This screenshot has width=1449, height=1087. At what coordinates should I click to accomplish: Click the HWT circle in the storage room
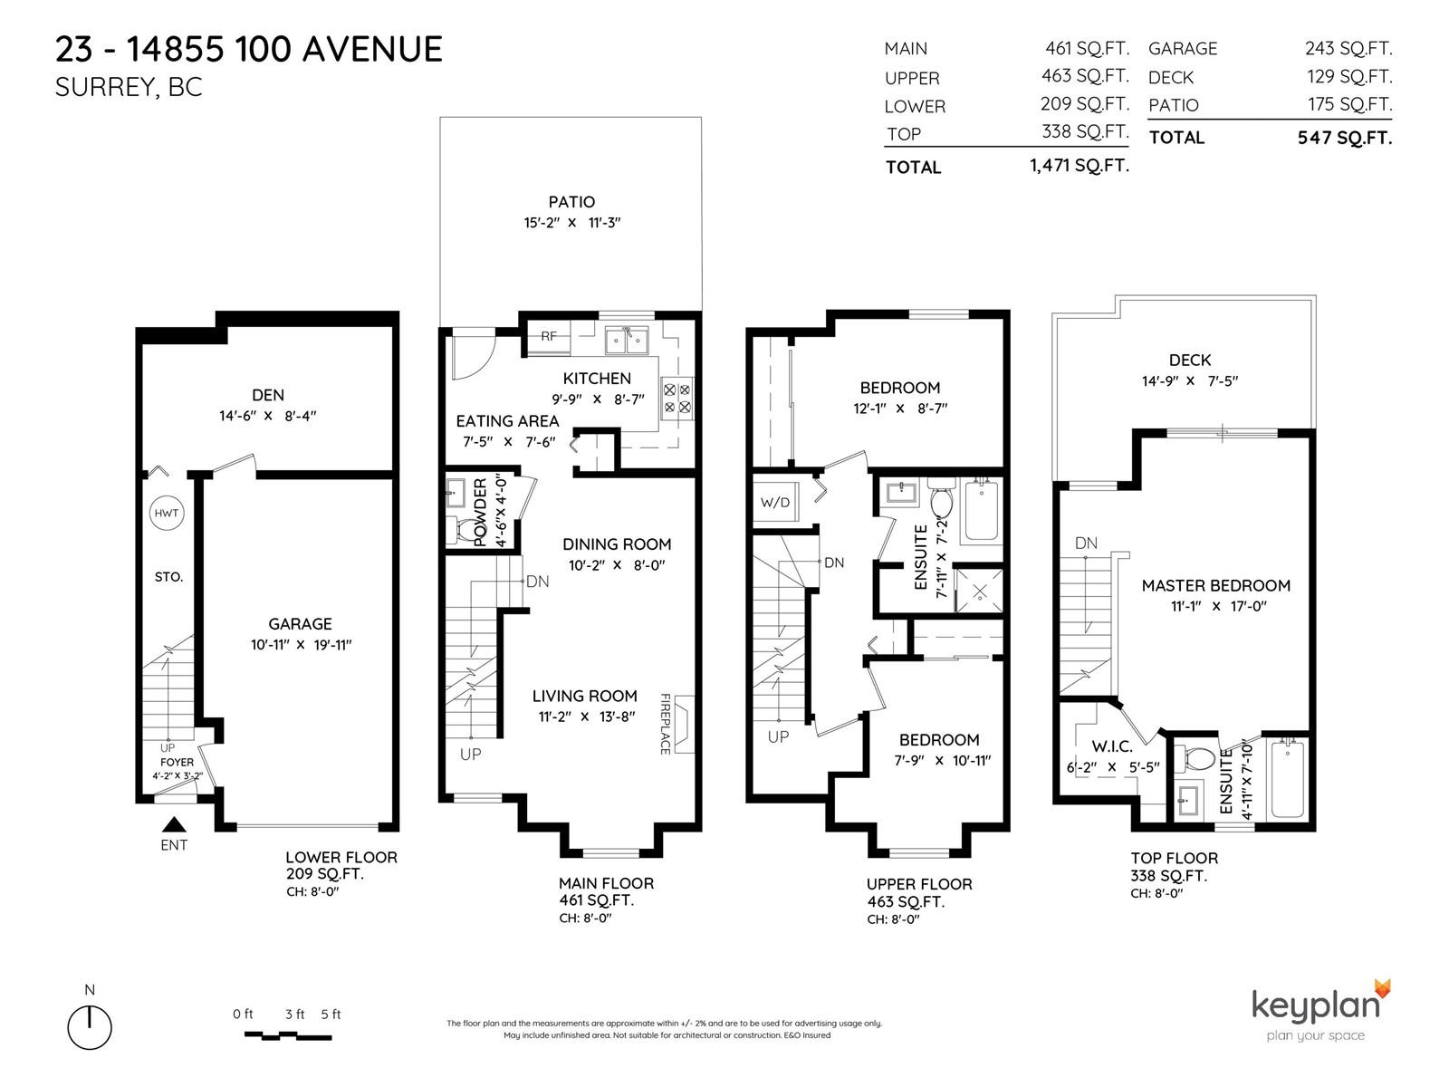167,513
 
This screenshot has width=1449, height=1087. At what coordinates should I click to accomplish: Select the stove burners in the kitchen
677,399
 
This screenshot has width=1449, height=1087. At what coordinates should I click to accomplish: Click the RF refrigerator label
549,336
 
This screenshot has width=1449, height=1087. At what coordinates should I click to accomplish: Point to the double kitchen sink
627,341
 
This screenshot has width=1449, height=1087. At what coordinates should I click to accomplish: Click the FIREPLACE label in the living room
666,724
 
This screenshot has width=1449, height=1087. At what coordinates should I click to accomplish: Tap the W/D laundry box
775,502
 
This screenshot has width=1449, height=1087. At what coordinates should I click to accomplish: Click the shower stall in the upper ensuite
979,590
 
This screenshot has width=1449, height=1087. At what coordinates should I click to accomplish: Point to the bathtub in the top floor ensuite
1287,779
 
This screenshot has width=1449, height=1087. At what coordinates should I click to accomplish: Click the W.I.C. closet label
1112,746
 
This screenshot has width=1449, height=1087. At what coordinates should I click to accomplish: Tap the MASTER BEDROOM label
1216,585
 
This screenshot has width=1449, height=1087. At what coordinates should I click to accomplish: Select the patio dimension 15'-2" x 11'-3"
572,223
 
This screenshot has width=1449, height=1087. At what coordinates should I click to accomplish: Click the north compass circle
90,1027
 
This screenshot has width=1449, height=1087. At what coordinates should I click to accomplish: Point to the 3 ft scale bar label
295,1014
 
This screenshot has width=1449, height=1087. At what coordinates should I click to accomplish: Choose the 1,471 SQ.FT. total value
1080,166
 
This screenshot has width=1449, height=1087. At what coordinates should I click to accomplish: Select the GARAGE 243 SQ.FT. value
1348,48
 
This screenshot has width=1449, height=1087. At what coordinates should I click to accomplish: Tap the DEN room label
268,395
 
